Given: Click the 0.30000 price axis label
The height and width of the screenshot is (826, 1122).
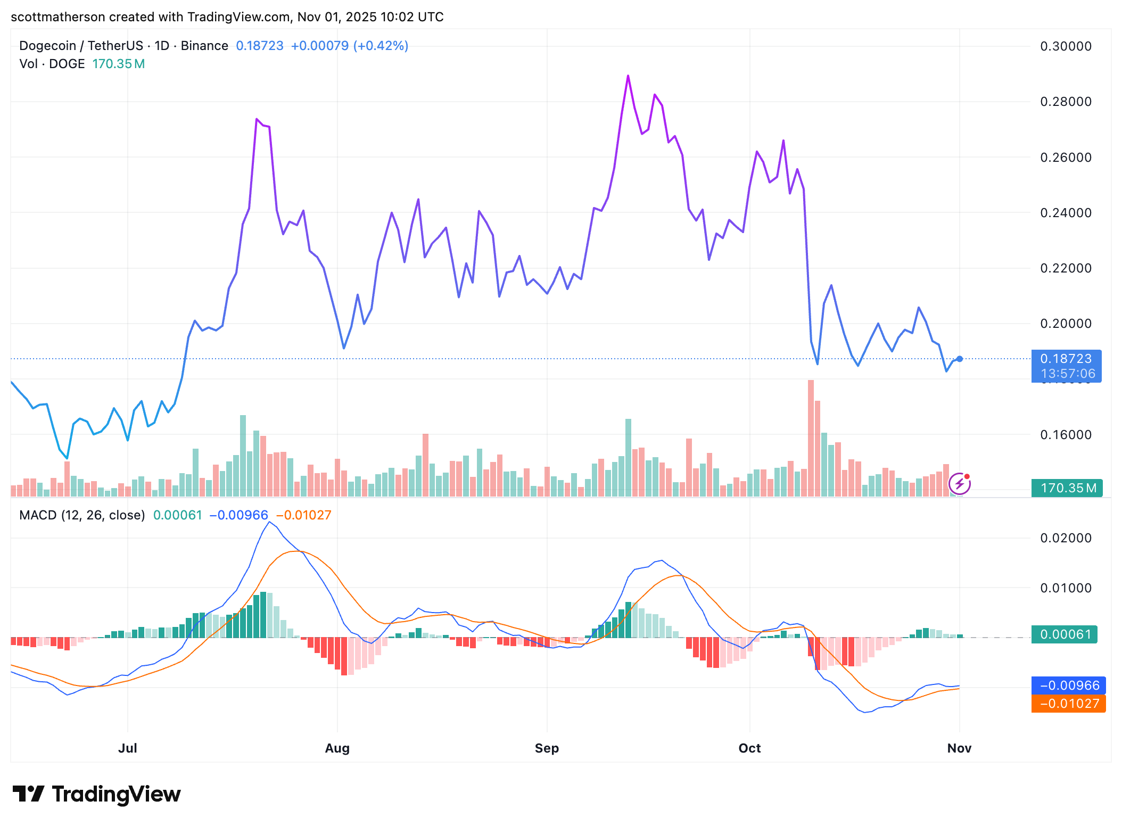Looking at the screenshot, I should click(1066, 46).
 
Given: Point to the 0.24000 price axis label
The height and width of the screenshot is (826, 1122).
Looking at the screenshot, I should click(1066, 213).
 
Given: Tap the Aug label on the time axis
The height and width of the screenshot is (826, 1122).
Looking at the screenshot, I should click(337, 748).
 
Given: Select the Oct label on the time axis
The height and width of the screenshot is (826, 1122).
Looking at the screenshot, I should click(749, 748).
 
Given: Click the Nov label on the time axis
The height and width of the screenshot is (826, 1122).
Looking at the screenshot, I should click(959, 748).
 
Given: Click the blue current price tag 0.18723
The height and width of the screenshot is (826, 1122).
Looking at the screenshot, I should click(1066, 359).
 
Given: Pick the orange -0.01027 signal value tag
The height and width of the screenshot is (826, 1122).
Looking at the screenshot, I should click(1068, 704).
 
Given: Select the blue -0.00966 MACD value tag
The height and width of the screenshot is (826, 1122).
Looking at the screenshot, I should click(1068, 685).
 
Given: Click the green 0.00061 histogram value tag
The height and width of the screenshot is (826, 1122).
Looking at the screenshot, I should click(1065, 634).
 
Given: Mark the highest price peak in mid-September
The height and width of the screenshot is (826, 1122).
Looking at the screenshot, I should click(628, 76).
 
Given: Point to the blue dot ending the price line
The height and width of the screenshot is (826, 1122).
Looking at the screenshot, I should click(960, 359).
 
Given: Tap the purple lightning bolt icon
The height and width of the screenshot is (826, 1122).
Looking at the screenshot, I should click(960, 484).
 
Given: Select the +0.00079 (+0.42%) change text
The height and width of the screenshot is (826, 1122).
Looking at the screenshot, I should click(349, 46).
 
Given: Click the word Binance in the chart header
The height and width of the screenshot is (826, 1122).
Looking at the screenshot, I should click(204, 46).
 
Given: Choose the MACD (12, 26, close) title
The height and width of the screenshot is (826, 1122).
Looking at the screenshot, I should click(82, 515).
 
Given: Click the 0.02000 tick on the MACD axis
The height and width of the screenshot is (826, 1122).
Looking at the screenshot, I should click(1066, 538).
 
